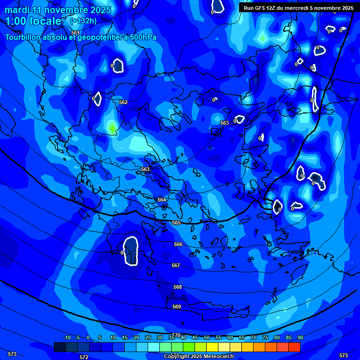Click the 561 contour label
[x=75, y=32]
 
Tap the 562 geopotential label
[x=123, y=102]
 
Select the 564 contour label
[x=162, y=200]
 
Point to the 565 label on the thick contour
[x=176, y=223]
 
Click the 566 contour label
[x=178, y=244]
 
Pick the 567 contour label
[x=176, y=265]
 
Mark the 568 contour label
[x=178, y=287]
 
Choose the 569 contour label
[x=177, y=307]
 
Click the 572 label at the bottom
[x=84, y=357]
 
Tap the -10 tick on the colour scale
[x=67, y=337]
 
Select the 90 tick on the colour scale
[x=300, y=337]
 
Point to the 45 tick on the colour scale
[x=195, y=337]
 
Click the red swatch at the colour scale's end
[x=294, y=347]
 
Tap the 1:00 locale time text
[x=33, y=21]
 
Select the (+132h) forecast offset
[x=83, y=21]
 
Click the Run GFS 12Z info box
[x=299, y=7]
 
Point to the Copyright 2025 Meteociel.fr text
[x=199, y=357]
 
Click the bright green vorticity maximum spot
[x=112, y=127]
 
